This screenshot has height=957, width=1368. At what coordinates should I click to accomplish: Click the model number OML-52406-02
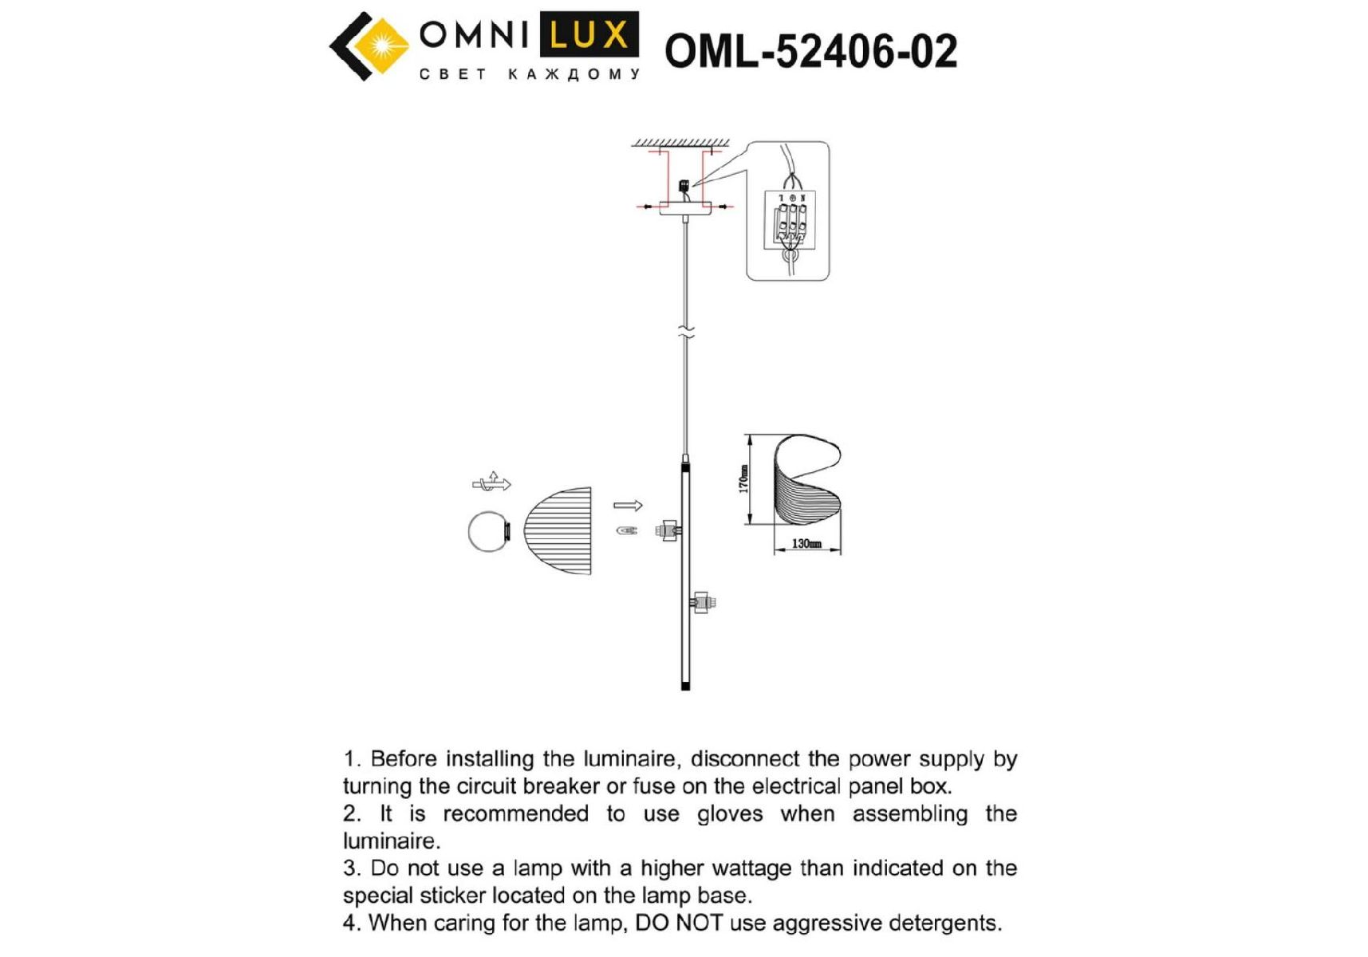pos(810,52)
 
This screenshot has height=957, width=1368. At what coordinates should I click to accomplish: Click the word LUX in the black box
pos(589,35)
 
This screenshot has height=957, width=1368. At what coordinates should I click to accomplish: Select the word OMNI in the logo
pos(475,35)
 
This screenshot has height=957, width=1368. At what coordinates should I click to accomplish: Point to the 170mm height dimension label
pos(743,479)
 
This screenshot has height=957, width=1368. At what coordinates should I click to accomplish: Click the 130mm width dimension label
pos(806,544)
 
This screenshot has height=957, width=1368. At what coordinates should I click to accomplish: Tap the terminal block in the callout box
pos(790,216)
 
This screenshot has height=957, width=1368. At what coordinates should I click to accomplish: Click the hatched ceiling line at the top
pos(680,144)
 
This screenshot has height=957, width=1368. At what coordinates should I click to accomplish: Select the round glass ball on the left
pos(488,531)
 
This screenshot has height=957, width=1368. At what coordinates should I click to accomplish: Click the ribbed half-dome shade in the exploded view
pos(558,531)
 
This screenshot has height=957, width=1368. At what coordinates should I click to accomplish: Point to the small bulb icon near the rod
pos(627,530)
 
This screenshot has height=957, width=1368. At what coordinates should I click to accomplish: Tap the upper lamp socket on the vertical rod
pos(668,530)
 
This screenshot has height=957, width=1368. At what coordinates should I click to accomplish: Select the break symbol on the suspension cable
pos(686,332)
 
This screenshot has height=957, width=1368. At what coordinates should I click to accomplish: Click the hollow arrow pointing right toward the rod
pos(628,505)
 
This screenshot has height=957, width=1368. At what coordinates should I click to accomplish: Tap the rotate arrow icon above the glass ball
pos(491,482)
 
